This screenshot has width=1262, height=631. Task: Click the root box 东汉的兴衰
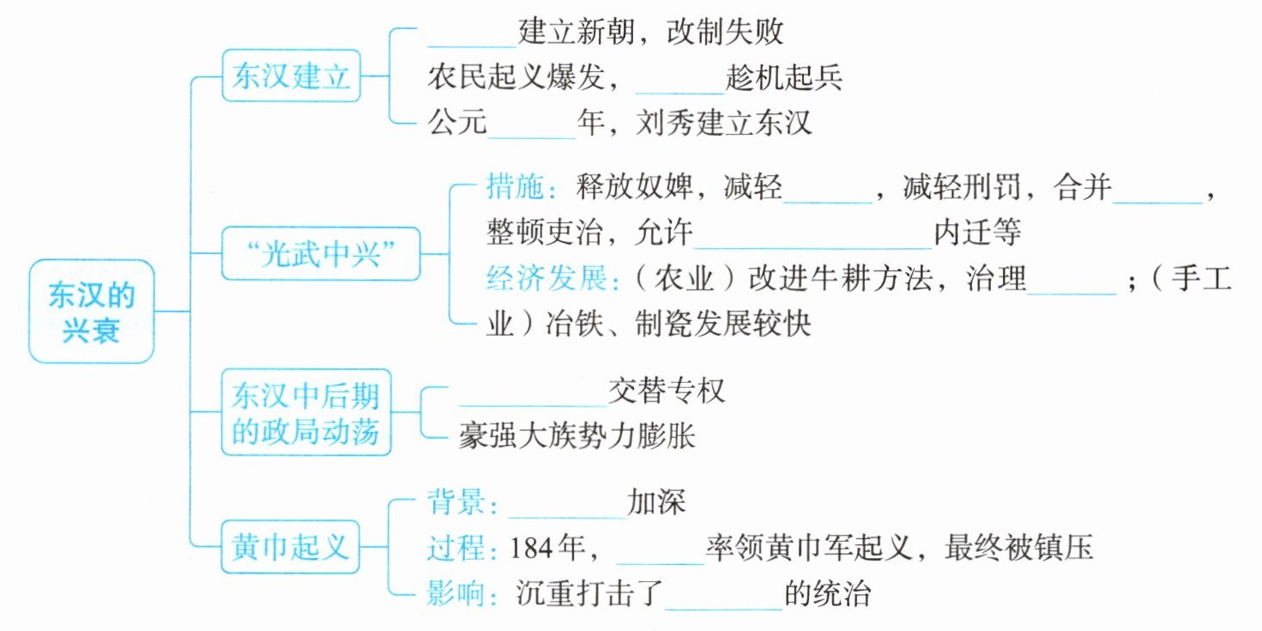[x=91, y=311]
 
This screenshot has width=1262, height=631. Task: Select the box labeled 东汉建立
[x=292, y=76]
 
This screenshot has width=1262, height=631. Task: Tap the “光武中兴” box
[x=321, y=254]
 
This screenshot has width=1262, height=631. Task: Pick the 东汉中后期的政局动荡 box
[x=305, y=413]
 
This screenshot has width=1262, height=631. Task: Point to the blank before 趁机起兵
[x=680, y=80]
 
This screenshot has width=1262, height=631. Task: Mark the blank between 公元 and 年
[x=533, y=125]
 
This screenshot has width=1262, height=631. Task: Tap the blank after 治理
[x=1072, y=280]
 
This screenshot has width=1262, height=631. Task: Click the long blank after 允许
[x=812, y=234]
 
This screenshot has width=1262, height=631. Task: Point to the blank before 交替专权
[x=533, y=391]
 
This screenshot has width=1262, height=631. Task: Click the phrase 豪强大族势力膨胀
[x=577, y=436]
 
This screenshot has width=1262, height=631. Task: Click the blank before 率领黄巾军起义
[x=660, y=549]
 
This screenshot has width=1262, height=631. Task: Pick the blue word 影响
[x=456, y=593]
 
